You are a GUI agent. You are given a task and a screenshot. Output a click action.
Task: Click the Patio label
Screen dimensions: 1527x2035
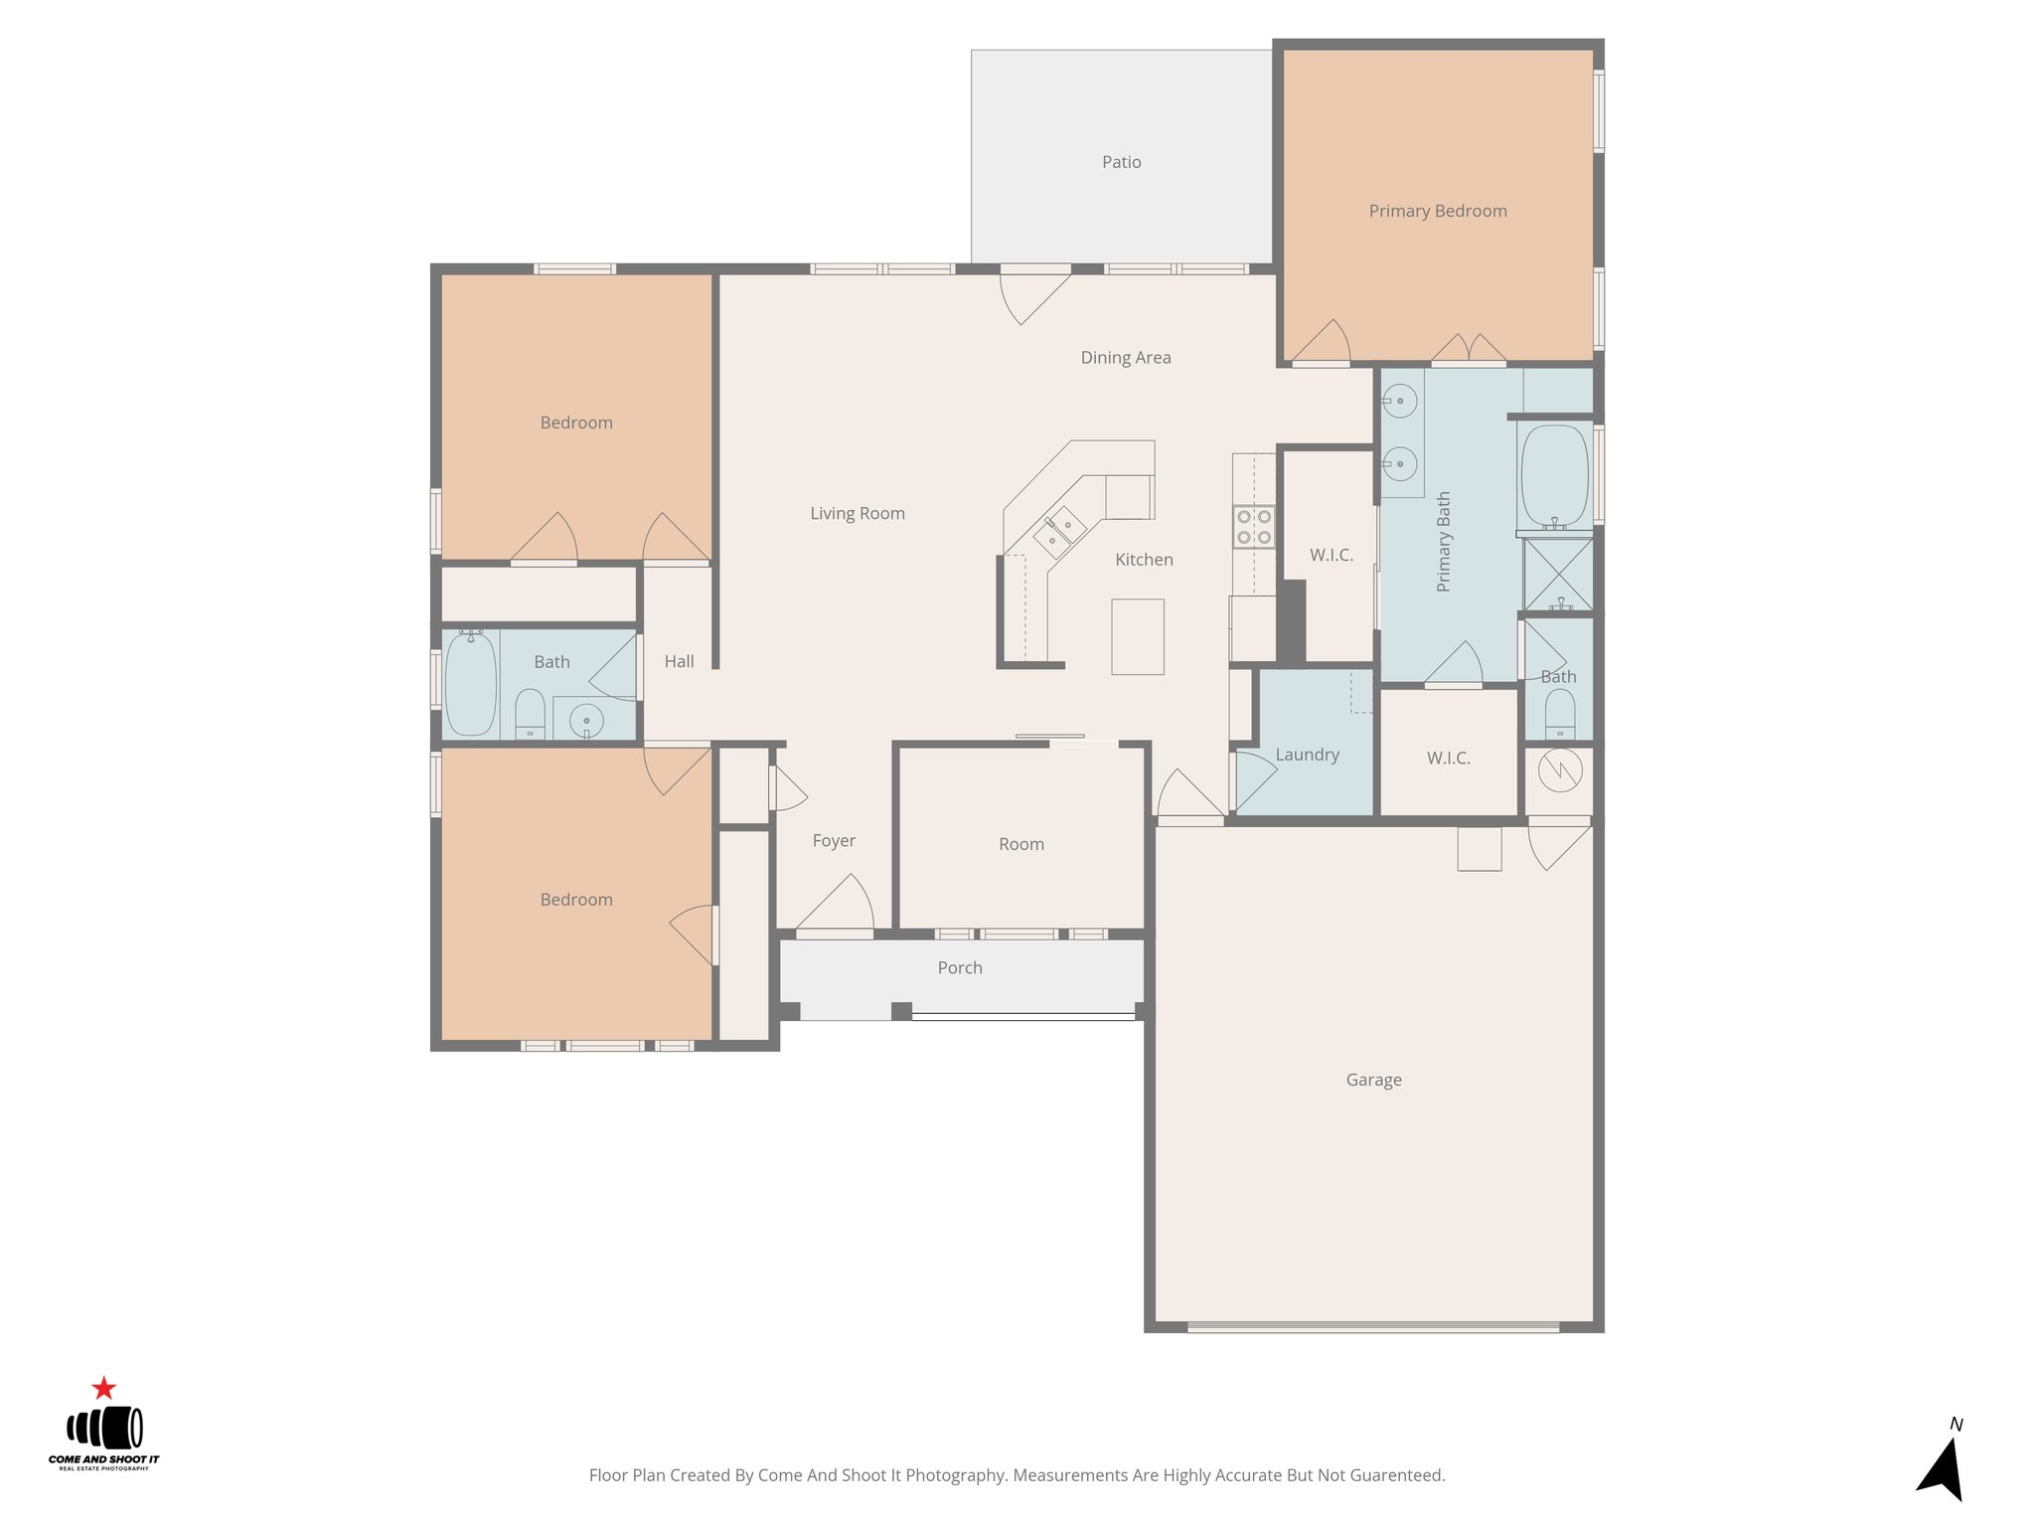pos(1121,162)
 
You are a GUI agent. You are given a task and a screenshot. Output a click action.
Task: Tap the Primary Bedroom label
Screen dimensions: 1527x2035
pos(1437,211)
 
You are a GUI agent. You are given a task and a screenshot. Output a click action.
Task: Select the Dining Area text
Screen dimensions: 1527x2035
pos(1125,358)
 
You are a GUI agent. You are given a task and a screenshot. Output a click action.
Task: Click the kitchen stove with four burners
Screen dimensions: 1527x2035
pos(1254,527)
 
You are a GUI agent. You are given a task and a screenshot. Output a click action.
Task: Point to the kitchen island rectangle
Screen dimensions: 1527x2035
pos(1137,636)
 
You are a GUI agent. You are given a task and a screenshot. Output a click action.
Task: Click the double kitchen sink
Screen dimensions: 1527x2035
pos(1059,531)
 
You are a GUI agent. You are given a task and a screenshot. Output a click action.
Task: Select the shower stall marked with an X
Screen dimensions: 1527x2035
pos(1558,574)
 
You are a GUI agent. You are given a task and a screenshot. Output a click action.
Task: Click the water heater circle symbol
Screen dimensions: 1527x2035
pos(1559,770)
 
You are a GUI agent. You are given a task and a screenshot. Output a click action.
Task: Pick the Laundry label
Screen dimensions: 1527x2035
pos(1307,755)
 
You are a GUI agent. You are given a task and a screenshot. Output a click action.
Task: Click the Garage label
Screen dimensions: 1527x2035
pos(1373,1080)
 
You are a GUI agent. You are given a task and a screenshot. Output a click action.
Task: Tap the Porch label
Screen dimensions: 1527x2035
pos(959,967)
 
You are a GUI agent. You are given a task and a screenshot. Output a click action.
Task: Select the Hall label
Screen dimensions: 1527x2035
pos(679,661)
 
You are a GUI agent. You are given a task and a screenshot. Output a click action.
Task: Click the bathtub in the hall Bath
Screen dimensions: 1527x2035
pos(471,684)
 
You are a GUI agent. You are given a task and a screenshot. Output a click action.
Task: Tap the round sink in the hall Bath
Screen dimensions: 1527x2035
pos(586,720)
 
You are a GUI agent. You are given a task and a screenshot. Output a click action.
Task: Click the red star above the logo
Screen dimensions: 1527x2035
pos(103,1388)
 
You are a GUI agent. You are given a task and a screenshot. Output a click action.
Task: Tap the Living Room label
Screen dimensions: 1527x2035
pos(857,514)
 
